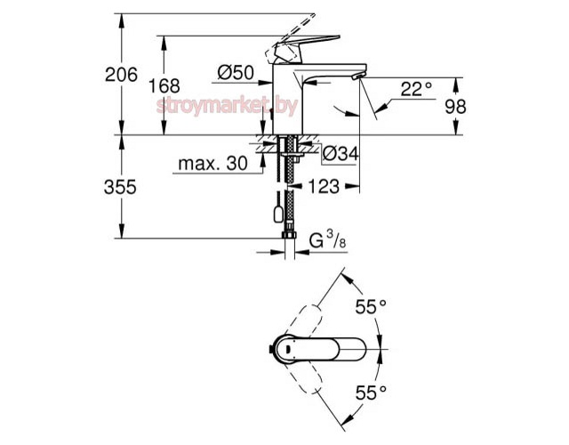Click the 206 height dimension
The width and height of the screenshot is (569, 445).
point(122,76)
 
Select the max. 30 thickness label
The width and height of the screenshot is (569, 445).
point(212,166)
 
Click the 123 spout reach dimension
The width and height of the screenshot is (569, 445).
point(325,187)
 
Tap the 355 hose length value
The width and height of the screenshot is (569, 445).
point(121,187)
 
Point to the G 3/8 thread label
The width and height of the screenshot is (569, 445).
point(325,239)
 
